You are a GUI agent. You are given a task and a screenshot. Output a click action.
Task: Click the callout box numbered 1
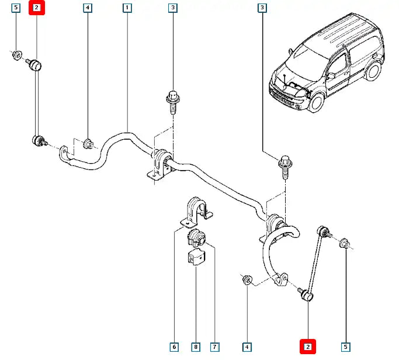127,8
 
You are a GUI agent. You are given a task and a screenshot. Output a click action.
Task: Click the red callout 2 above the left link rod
37,8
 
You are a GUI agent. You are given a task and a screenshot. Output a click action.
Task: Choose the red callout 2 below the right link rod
308,347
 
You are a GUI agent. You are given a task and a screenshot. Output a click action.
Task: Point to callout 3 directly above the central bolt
173,8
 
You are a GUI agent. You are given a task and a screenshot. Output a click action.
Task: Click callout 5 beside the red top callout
16,8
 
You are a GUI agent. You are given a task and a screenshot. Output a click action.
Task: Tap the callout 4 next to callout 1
87,8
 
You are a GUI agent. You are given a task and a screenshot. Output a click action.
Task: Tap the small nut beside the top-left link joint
17,55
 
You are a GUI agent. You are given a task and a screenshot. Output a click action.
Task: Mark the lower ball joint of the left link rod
40,140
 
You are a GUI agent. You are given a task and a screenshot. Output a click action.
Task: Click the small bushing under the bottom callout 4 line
247,280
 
